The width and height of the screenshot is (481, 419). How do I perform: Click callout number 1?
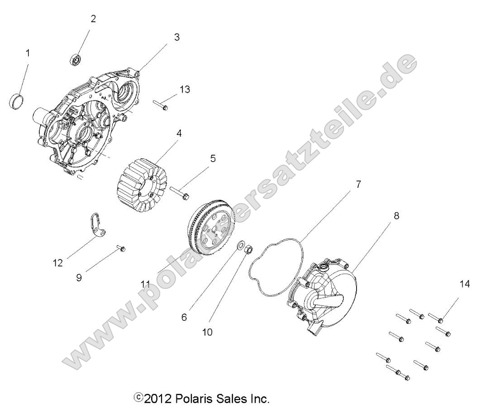click(28, 53)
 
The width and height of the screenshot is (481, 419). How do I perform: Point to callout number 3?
click(177, 38)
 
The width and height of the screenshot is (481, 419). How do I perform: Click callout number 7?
click(358, 185)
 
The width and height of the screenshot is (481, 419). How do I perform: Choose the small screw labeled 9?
click(121, 248)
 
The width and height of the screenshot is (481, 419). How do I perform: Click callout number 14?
click(464, 285)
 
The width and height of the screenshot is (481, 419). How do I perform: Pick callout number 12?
click(58, 263)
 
